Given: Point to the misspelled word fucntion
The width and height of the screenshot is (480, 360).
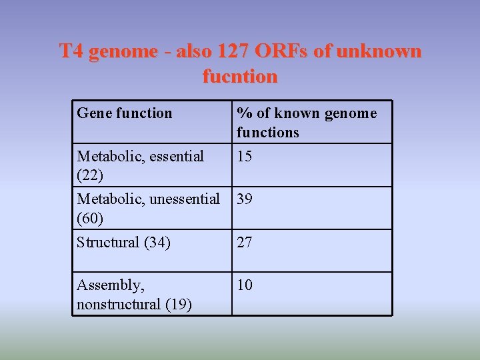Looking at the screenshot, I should pos(240,76).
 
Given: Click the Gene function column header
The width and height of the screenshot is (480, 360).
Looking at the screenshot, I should pos(125,113).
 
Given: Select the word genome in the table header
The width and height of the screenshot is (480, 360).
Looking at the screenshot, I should pos(351,113).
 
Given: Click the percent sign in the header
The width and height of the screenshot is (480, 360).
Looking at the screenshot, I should pos(243,113).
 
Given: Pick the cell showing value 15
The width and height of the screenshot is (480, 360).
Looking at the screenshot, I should pos(245,157).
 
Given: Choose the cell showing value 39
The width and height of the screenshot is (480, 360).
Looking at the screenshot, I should pos(245,199).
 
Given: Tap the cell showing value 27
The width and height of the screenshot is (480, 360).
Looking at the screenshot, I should pos(245,242).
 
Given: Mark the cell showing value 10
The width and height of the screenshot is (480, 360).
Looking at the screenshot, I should pos(245,285).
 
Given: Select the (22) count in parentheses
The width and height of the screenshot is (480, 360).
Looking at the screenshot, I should pos(89,175).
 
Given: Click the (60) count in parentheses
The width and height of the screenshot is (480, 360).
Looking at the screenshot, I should pos(89,218).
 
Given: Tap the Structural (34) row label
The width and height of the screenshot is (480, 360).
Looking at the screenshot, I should pos(124,242).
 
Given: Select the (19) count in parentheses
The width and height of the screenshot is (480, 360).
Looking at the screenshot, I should pos(178,305).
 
